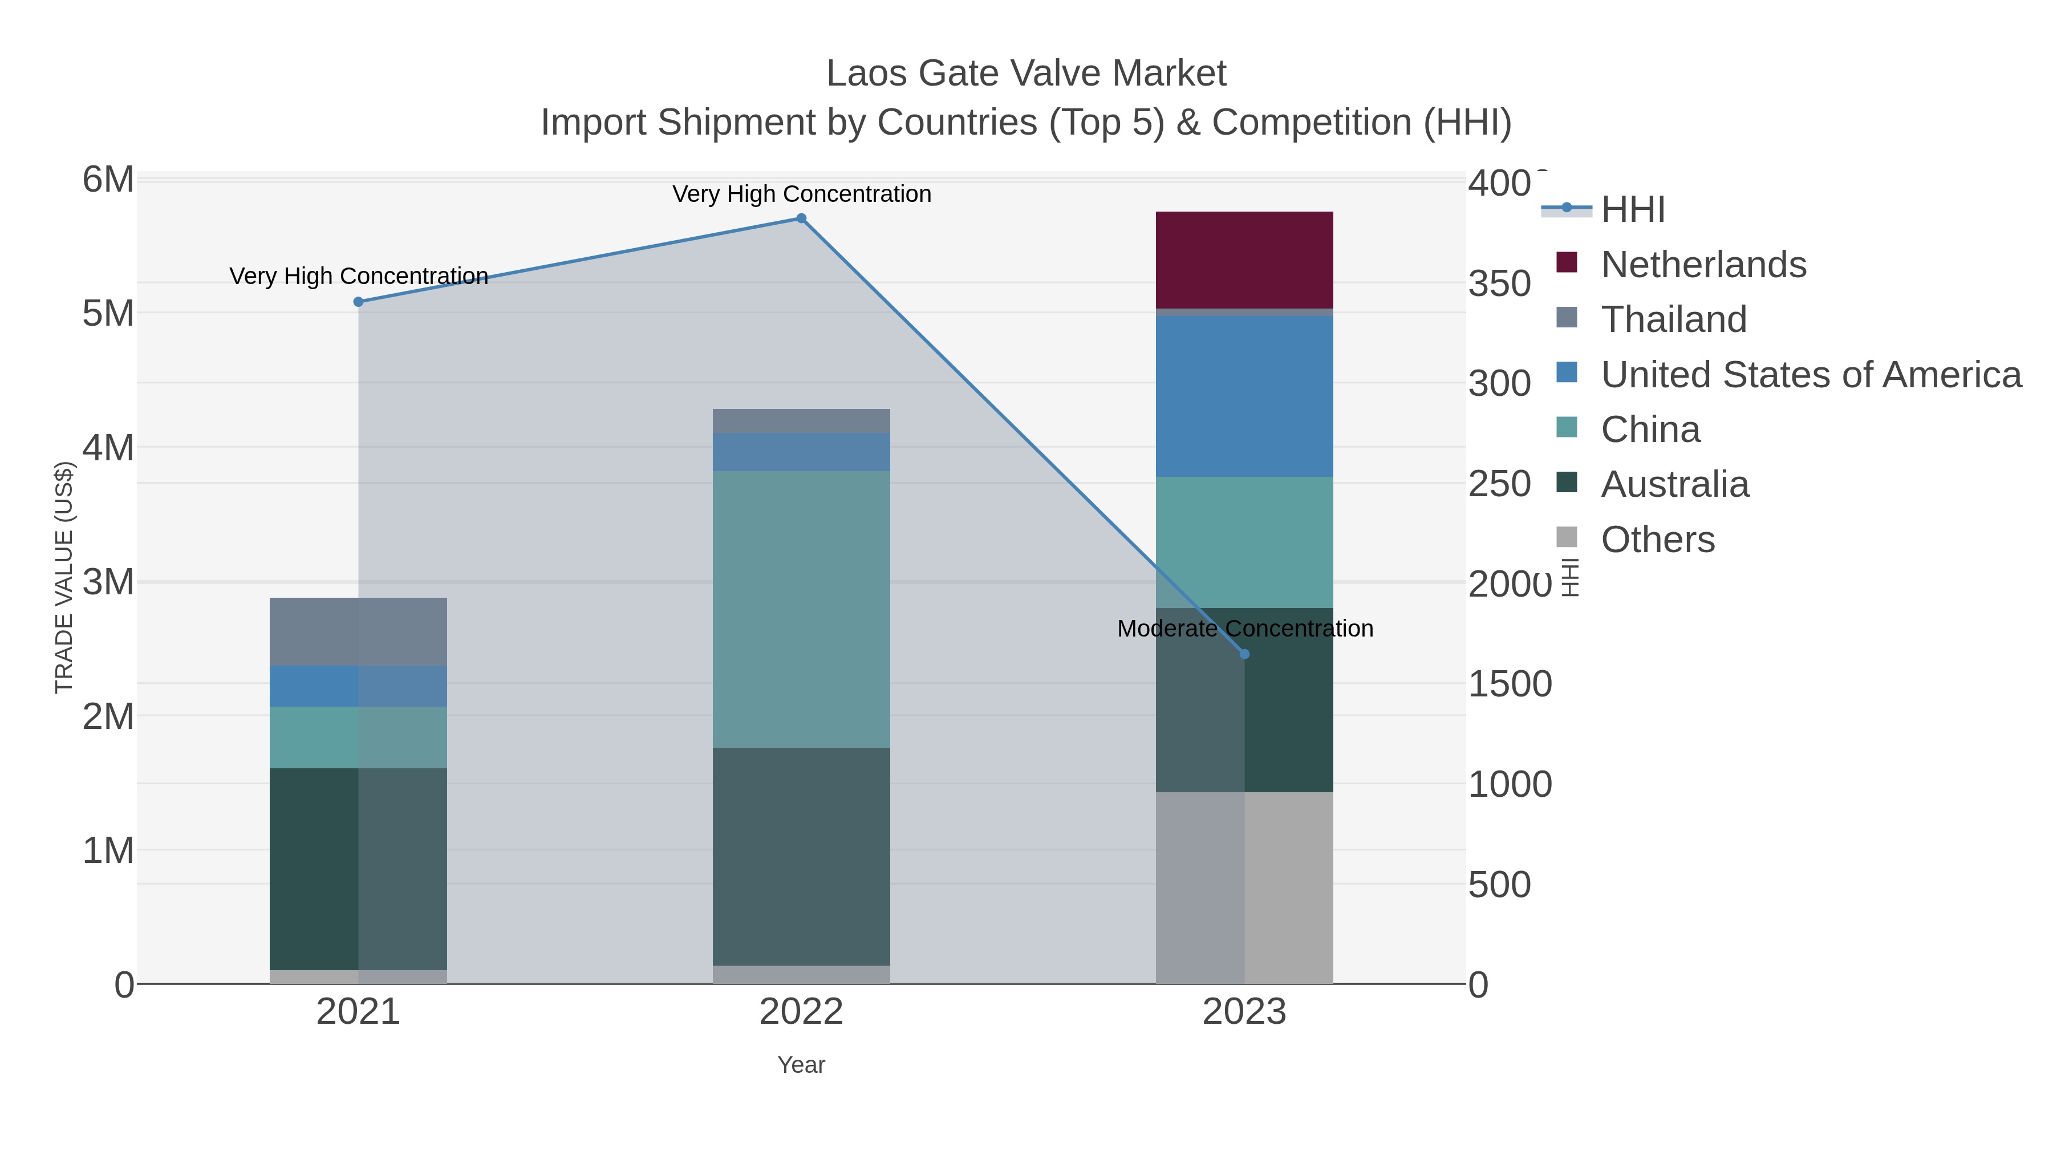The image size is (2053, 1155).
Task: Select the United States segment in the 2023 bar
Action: pos(1244,396)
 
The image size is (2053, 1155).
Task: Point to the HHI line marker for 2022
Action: pos(802,218)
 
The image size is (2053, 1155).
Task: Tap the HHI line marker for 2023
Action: pos(1245,654)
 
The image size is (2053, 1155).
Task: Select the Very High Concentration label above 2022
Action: pos(802,194)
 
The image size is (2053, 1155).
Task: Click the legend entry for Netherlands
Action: pos(1703,264)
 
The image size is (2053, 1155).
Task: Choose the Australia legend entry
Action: pos(1674,484)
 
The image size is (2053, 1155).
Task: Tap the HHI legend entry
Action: pos(1632,209)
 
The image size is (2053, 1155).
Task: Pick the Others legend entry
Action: pos(1657,540)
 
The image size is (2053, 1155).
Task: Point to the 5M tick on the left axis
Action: pos(108,313)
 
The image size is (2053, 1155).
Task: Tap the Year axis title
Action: pos(801,1065)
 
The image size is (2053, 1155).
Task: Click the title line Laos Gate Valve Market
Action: pos(1026,74)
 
